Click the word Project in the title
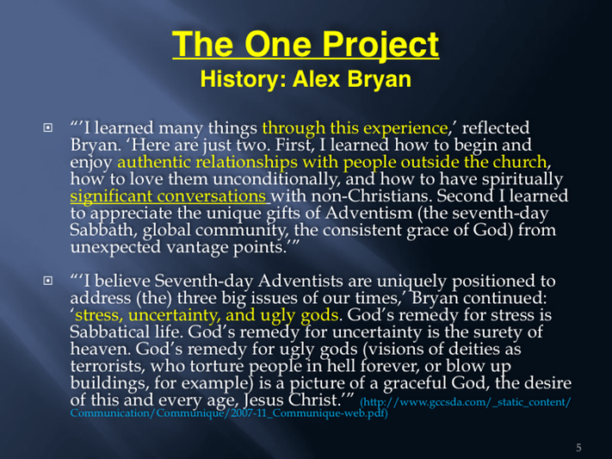[380, 46]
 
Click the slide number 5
[578, 448]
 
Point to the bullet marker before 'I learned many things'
[47, 127]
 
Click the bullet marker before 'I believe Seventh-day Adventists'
[47, 281]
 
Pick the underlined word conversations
[211, 196]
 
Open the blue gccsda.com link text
[320, 407]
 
